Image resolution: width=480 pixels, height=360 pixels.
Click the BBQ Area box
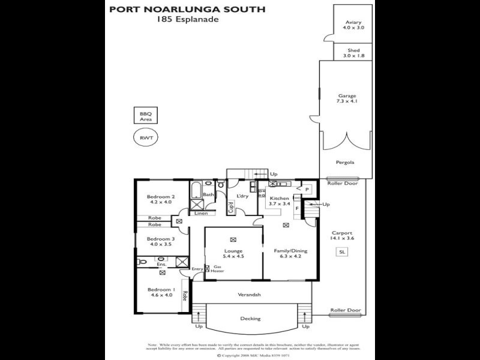click(x=146, y=116)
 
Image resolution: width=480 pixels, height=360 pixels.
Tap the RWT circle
click(x=146, y=138)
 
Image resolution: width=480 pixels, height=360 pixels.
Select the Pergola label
click(x=344, y=162)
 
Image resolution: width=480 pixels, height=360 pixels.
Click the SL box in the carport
click(x=342, y=253)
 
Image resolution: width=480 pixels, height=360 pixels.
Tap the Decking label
click(x=250, y=319)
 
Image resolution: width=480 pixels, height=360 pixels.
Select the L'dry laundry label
click(x=242, y=196)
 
